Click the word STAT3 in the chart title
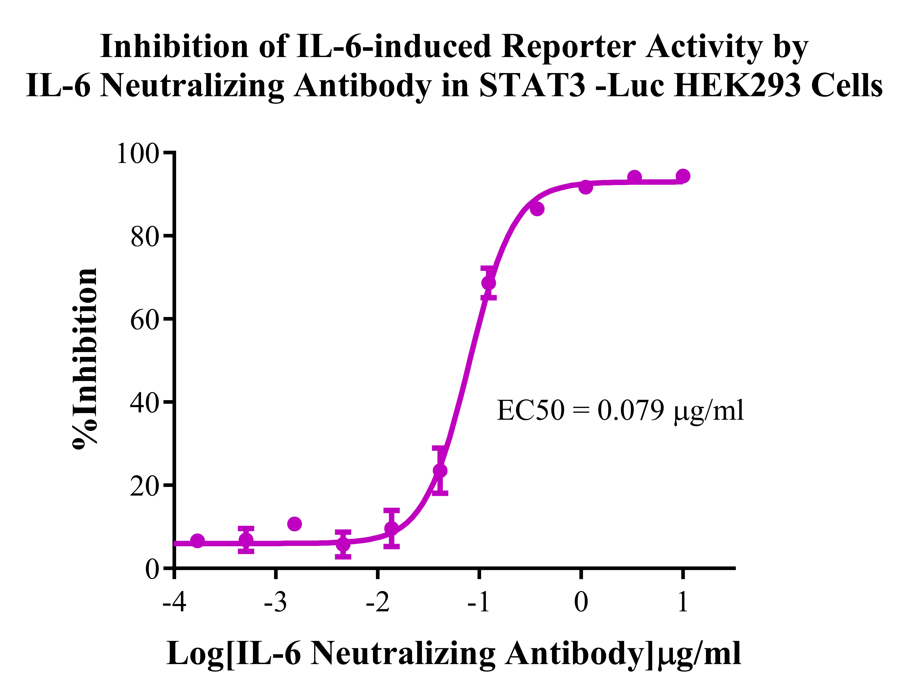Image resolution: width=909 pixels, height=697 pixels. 532,86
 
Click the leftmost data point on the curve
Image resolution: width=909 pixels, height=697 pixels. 198,541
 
